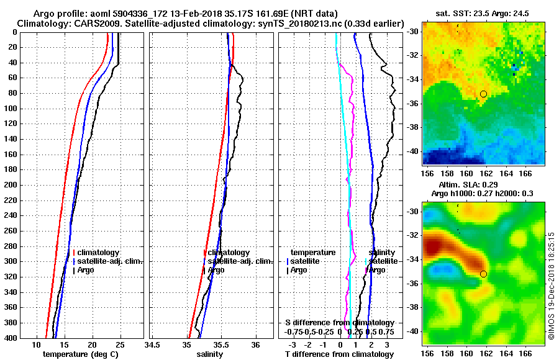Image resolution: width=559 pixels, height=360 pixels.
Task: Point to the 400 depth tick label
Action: coord(11,338)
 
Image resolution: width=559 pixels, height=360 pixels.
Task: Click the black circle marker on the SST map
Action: coord(483,94)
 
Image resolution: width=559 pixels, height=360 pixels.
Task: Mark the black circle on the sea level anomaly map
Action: coord(483,274)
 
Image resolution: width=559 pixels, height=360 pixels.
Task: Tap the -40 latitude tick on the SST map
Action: coord(413,151)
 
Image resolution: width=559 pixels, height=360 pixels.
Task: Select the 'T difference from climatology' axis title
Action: coord(339,354)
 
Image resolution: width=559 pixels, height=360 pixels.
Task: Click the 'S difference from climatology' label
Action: coord(339,323)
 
